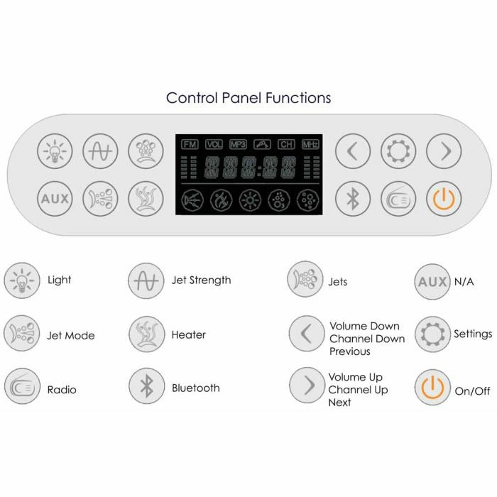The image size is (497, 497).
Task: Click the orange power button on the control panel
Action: (444, 198)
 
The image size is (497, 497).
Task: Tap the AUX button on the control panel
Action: (55, 198)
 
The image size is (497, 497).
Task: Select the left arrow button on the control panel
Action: (353, 151)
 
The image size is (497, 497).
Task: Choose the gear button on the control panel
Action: (398, 151)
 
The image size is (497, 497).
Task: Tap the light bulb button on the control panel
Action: (55, 151)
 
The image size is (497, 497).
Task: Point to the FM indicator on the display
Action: (190, 144)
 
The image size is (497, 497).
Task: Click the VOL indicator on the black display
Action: (214, 144)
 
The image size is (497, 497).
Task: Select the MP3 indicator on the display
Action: (238, 144)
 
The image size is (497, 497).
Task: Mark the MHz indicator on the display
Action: (310, 144)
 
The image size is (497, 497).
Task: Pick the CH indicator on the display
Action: (286, 144)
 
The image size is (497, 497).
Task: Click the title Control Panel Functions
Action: (248, 97)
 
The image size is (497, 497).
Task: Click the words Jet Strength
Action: (201, 280)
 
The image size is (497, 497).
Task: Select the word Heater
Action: (189, 334)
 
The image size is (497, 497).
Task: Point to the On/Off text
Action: (472, 390)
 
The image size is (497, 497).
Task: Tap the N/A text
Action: (464, 281)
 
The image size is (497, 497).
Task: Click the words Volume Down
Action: (364, 327)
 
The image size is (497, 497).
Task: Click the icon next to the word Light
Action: (21, 280)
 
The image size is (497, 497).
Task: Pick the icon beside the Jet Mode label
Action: (21, 334)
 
